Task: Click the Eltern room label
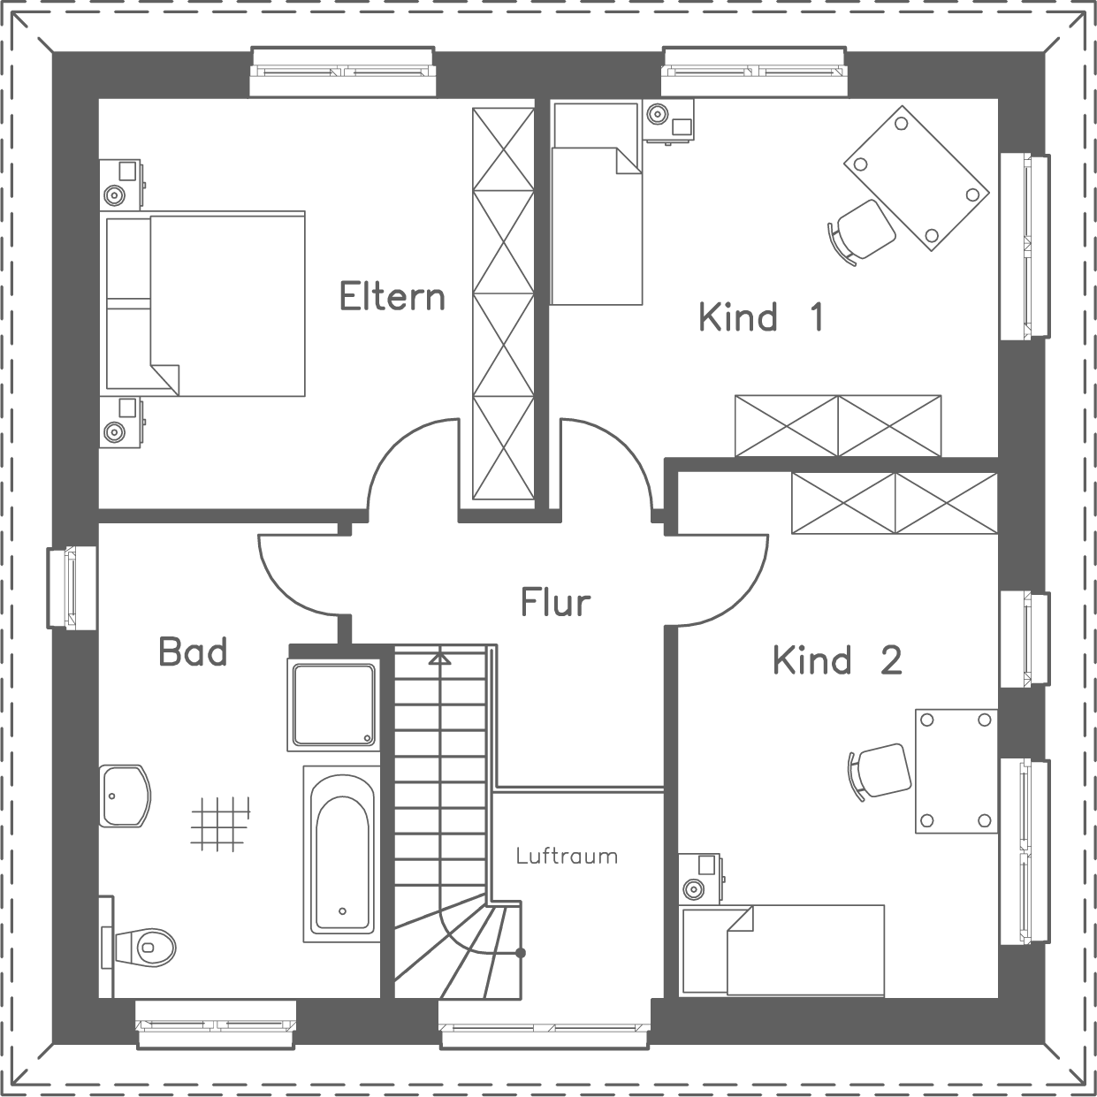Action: (x=392, y=296)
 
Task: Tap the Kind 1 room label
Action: (x=761, y=316)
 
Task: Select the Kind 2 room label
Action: (x=837, y=659)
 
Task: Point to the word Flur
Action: (x=555, y=602)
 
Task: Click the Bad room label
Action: (x=193, y=652)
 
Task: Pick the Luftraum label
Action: (x=567, y=856)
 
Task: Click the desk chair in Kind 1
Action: (x=860, y=229)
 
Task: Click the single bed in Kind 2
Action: (x=782, y=949)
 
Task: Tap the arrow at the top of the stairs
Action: (x=439, y=659)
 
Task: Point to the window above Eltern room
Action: (x=343, y=71)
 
